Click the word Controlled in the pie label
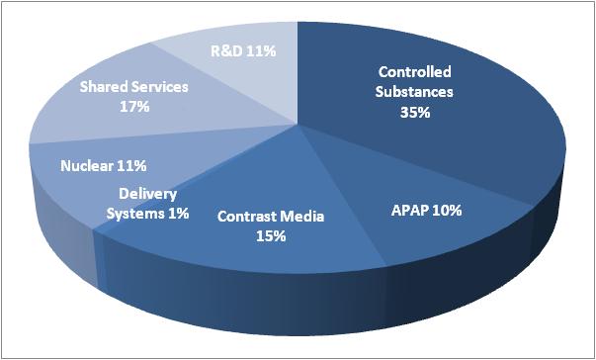pos(416,72)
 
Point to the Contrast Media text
pos(270,217)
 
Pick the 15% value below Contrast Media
pos(270,235)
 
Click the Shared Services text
pos(131,86)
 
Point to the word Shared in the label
pos(103,86)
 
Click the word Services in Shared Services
pos(158,86)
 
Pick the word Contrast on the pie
pos(248,217)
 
